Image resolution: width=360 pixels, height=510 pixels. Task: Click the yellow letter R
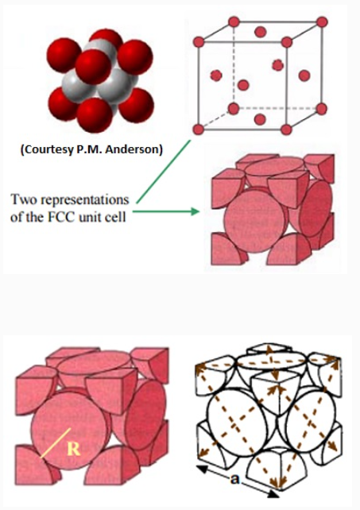(x=74, y=449)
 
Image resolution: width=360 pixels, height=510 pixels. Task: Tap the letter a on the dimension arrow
(x=234, y=479)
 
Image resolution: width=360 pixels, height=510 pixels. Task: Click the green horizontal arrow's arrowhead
(x=195, y=211)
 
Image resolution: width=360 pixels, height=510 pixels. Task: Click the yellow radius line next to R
(x=56, y=443)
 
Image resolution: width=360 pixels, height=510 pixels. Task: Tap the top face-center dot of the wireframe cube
(x=261, y=32)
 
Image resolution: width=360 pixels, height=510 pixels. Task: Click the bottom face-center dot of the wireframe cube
(x=260, y=119)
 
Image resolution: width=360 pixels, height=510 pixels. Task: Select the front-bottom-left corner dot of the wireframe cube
(x=198, y=129)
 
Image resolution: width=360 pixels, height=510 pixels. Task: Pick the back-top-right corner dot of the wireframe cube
(x=322, y=22)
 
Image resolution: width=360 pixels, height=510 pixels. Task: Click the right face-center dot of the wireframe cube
(x=304, y=75)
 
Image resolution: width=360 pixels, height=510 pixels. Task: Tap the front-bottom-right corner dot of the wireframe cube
(x=286, y=129)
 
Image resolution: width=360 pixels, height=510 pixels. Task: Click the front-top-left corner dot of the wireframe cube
(x=199, y=42)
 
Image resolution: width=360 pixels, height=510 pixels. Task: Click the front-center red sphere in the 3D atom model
(x=94, y=67)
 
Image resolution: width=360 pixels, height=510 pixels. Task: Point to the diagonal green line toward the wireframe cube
(x=164, y=172)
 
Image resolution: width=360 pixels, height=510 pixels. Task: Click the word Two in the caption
(x=25, y=199)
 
